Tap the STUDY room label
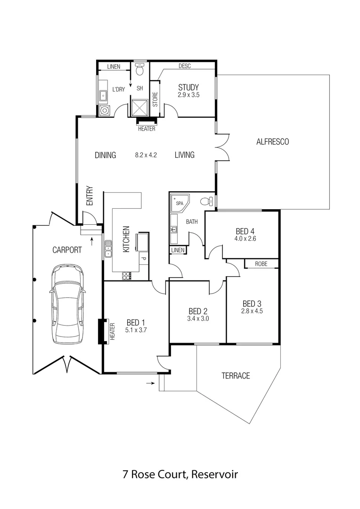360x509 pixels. click(x=188, y=87)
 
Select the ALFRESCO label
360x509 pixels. click(x=272, y=141)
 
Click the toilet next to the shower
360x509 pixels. click(x=139, y=71)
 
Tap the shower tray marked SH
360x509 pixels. click(x=139, y=107)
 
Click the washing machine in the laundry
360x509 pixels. click(x=105, y=111)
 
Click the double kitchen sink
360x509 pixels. click(x=108, y=248)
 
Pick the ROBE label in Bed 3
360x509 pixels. click(x=261, y=264)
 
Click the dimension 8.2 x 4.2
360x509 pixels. click(x=145, y=155)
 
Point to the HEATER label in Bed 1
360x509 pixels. click(x=112, y=331)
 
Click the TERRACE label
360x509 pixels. click(x=236, y=376)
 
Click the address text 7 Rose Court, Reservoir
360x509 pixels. click(x=180, y=474)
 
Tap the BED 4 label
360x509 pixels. click(x=245, y=231)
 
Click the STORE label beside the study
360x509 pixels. click(x=155, y=101)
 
